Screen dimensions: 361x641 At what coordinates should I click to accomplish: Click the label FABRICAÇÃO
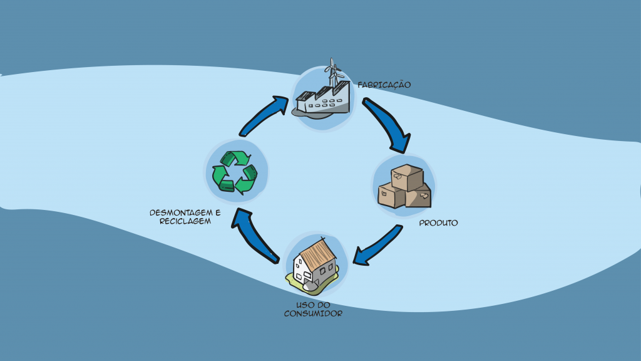click(384, 85)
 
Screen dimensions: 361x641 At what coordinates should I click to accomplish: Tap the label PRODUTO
click(438, 222)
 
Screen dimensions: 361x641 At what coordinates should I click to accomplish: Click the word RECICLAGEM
click(181, 221)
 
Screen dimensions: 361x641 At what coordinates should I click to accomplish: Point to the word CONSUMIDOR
click(313, 313)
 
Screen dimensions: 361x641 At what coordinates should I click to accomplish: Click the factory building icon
click(323, 101)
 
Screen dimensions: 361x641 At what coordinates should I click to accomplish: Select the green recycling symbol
click(235, 171)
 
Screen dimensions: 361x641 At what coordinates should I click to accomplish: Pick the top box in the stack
click(406, 176)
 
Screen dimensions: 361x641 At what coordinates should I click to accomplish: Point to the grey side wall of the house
click(326, 271)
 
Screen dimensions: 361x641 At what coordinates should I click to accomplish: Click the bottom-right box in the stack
click(418, 196)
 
